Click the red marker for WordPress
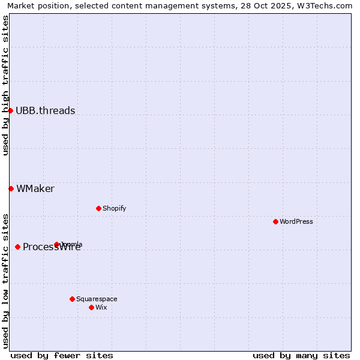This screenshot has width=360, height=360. click(275, 221)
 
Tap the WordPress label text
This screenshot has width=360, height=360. click(296, 221)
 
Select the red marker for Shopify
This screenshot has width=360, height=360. click(98, 208)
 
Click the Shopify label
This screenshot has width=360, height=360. click(114, 208)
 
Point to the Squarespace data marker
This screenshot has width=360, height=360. click(72, 299)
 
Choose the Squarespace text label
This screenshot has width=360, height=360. click(97, 299)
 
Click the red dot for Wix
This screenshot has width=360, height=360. click(91, 307)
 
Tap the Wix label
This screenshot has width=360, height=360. click(101, 307)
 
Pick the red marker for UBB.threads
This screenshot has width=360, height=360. click(10, 110)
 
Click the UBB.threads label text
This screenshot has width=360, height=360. click(46, 110)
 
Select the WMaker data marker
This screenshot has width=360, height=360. click(11, 188)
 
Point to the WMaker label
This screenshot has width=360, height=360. click(35, 188)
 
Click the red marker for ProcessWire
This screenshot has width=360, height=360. click(17, 247)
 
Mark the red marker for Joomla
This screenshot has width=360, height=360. click(56, 244)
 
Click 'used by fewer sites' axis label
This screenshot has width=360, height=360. click(62, 355)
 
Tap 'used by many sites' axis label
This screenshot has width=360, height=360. click(301, 355)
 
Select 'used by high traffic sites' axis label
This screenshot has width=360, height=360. click(5, 85)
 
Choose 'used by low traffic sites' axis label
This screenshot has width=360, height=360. click(5, 281)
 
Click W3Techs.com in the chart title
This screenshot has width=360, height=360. click(323, 5)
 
